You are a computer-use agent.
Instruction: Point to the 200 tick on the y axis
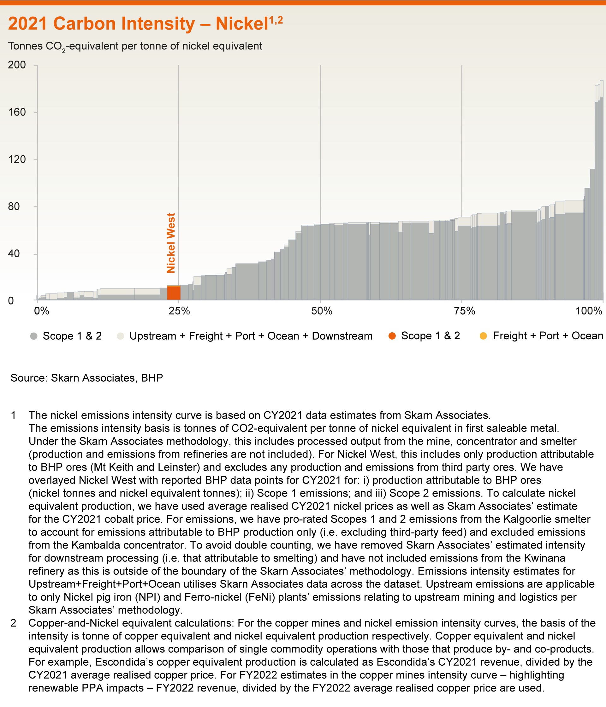pyautogui.click(x=17, y=65)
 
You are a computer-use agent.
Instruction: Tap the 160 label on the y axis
pyautogui.click(x=17, y=112)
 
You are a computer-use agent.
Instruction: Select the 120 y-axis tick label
pyautogui.click(x=17, y=159)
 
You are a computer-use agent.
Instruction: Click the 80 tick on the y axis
pyautogui.click(x=20, y=206)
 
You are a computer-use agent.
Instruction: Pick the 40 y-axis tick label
pyautogui.click(x=20, y=254)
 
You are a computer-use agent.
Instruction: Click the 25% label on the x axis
pyautogui.click(x=179, y=312)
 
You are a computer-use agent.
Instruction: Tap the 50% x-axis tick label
pyautogui.click(x=321, y=312)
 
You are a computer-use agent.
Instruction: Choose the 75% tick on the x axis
pyautogui.click(x=462, y=312)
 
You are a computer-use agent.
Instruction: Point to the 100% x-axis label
pyautogui.click(x=589, y=312)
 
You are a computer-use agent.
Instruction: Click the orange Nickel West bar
pyautogui.click(x=174, y=293)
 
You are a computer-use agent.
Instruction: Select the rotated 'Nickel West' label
pyautogui.click(x=171, y=243)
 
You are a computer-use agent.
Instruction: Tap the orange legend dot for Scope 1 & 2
pyautogui.click(x=392, y=336)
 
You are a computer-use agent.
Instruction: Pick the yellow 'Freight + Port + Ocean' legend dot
pyautogui.click(x=484, y=336)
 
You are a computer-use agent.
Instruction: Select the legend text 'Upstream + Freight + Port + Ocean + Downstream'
pyautogui.click(x=251, y=336)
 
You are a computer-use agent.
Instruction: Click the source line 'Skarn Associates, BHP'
pyautogui.click(x=107, y=378)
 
